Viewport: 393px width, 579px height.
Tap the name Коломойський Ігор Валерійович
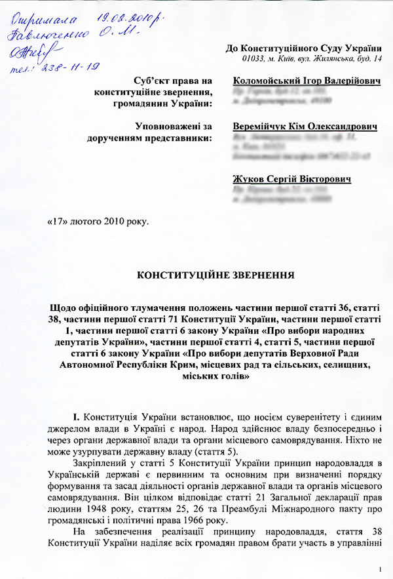point(298,81)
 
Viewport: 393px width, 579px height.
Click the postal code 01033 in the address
point(253,60)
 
